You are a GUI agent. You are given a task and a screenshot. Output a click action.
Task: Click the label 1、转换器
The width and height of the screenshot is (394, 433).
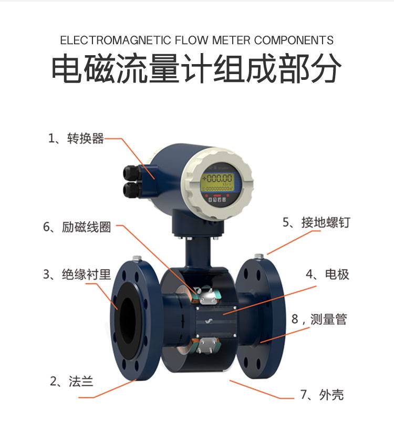pos(76,138)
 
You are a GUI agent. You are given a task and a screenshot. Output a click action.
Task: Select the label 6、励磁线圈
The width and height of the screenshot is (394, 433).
pos(77,227)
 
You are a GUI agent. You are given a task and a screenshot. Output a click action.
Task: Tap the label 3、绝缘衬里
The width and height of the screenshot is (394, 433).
pos(77,274)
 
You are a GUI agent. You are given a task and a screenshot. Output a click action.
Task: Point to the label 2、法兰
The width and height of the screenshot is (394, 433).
pos(72,382)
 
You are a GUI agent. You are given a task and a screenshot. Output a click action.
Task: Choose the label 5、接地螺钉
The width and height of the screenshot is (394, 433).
pos(316,222)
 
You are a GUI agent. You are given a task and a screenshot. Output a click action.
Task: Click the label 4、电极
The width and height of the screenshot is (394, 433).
pos(327,274)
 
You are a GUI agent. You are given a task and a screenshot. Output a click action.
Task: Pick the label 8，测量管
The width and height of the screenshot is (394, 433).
pos(319,319)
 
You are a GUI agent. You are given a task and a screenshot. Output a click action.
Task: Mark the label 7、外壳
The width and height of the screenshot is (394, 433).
pos(322,395)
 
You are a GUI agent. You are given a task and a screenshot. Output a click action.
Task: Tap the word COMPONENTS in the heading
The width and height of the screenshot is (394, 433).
pos(294,40)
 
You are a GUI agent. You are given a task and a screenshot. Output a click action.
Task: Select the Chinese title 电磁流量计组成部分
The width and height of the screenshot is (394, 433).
pos(196,68)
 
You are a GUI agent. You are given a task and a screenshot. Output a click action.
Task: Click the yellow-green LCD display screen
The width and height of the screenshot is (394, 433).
pos(217,182)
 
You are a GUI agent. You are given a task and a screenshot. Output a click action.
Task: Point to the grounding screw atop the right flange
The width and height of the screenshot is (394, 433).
pos(259,257)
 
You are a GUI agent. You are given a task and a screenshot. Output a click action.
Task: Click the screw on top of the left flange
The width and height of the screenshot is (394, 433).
pos(137,258)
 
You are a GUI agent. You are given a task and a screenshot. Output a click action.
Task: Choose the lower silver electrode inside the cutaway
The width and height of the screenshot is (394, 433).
pos(208,345)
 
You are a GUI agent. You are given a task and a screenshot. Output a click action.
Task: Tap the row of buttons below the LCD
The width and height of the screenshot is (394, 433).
pos(217,199)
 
